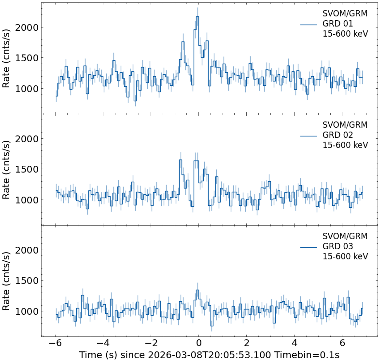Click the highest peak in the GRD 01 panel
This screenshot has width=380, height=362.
pyautogui.click(x=197, y=17)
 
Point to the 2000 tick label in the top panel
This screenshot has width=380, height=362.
pyautogui.click(x=27, y=27)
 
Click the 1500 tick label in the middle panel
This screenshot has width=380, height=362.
pyautogui.click(x=27, y=169)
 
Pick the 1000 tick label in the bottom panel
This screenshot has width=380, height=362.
pyautogui.click(x=27, y=311)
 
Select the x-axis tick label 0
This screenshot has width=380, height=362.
pyautogui.click(x=198, y=344)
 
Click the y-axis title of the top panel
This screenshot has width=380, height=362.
pyautogui.click(x=7, y=57)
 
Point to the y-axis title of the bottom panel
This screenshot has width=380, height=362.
pyautogui.click(x=7, y=280)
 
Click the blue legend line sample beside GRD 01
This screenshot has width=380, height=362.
pyautogui.click(x=308, y=24)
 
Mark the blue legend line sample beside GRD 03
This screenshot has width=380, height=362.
pyautogui.click(x=308, y=247)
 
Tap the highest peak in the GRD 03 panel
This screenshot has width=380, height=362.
pyautogui.click(x=197, y=290)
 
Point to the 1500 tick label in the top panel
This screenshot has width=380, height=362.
pyautogui.click(x=27, y=58)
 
